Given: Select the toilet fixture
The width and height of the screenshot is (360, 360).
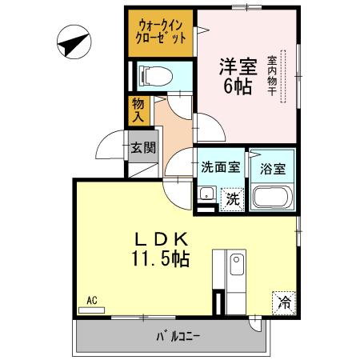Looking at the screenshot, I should coord(152,76).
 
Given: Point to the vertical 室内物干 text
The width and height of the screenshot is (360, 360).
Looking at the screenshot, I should coord(272,76).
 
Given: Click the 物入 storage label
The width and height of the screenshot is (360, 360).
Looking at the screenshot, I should coord(137,110).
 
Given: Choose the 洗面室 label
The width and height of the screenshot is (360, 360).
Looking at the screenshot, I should coord(220,167).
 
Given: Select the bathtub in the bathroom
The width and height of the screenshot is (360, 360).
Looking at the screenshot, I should coord(273,196).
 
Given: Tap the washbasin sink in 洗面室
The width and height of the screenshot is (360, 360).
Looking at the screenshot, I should coord(206,194).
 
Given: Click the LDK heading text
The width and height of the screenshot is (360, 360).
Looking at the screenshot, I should coord(160,238).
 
